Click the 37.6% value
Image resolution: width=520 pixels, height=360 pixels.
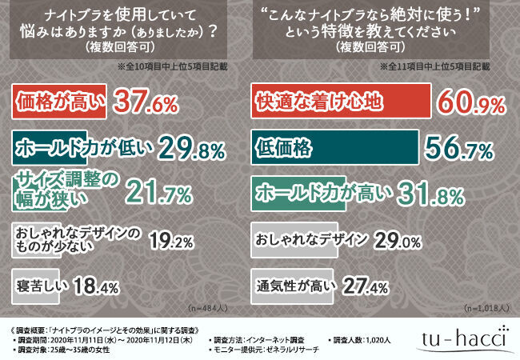pos(142,102)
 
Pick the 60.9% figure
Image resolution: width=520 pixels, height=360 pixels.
pos(474,102)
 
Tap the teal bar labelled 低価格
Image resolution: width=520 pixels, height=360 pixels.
pos(335,148)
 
